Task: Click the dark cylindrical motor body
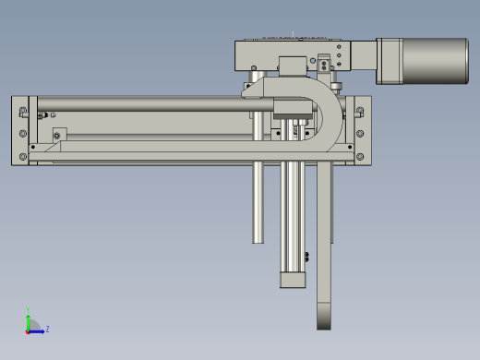point(435,61)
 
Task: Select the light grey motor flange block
point(387,61)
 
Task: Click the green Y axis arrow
point(29,317)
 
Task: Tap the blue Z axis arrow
point(38,329)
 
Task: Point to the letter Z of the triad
point(47,329)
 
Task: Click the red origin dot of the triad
point(29,330)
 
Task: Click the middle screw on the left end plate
point(22,132)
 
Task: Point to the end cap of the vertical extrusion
point(292,280)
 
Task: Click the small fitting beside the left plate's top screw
point(41,115)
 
